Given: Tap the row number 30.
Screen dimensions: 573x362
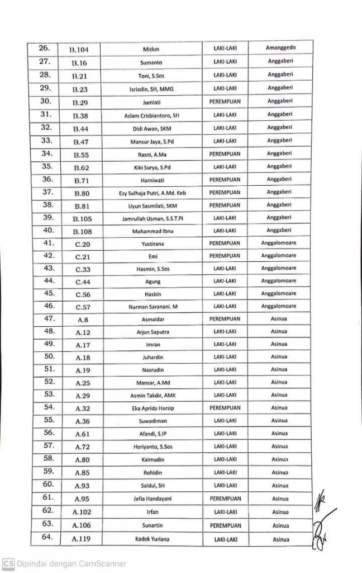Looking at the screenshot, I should (x=46, y=101).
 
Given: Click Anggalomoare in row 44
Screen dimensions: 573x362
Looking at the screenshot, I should (x=279, y=281).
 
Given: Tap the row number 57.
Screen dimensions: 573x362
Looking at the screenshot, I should (x=48, y=445).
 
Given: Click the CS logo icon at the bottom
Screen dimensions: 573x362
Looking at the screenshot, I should (x=8, y=563).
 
